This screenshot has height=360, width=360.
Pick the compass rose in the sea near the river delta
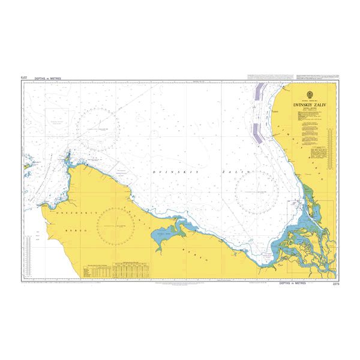(x=256, y=192)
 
